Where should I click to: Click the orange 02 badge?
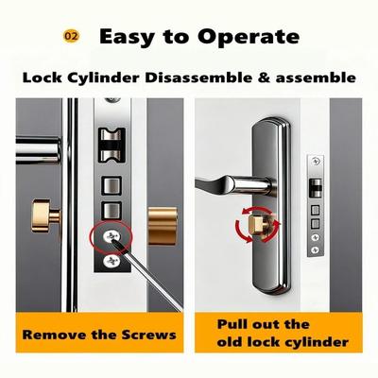click(x=71, y=36)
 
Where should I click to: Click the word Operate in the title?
click(x=249, y=38)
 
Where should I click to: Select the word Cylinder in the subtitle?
click(x=103, y=78)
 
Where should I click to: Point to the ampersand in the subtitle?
click(x=264, y=77)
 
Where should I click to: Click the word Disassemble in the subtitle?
click(x=198, y=77)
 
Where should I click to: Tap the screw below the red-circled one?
click(x=111, y=261)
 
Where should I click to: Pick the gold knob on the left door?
click(x=45, y=216)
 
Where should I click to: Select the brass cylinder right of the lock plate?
click(x=163, y=226)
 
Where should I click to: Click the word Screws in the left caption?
click(x=148, y=335)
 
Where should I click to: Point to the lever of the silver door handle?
click(x=234, y=184)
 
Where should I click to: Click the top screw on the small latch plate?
click(x=316, y=162)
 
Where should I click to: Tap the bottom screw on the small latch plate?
click(x=316, y=250)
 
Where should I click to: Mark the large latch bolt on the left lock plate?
click(x=112, y=145)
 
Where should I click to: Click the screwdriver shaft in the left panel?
click(x=148, y=277)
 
